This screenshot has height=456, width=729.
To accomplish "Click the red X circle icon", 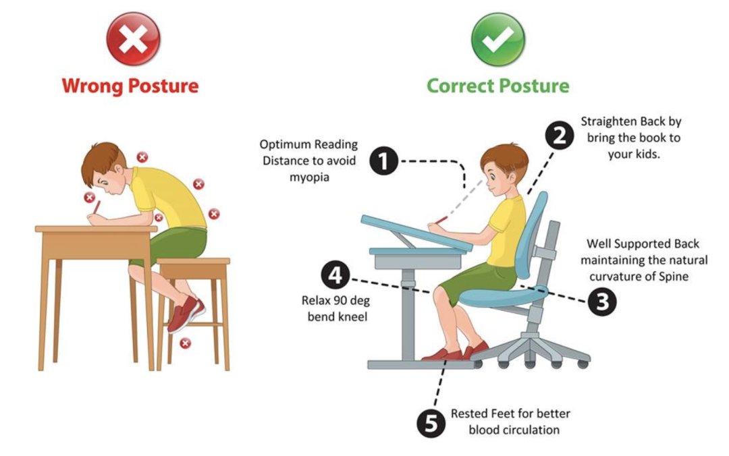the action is tap(134, 38).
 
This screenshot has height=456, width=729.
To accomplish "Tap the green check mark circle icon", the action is tap(498, 39).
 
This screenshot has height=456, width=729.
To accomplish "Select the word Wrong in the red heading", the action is tap(92, 86).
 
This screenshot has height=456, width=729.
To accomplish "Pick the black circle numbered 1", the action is tap(383, 161).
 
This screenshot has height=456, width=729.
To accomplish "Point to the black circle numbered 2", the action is tap(560, 136).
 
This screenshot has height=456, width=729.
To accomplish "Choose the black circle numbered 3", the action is tap(603, 302).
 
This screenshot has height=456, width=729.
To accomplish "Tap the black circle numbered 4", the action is tap(335, 275).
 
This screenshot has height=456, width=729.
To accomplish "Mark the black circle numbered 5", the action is tap(431, 423).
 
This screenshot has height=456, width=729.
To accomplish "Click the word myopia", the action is tap(309, 178).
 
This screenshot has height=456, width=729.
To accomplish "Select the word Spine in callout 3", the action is tap(674, 277).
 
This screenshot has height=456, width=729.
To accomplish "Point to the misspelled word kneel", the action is tap(351, 317).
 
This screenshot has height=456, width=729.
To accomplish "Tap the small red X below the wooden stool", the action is tap(186, 343).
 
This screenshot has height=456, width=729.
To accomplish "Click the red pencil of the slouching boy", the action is tap(97, 207).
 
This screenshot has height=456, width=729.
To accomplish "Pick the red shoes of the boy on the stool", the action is tap(186, 314).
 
